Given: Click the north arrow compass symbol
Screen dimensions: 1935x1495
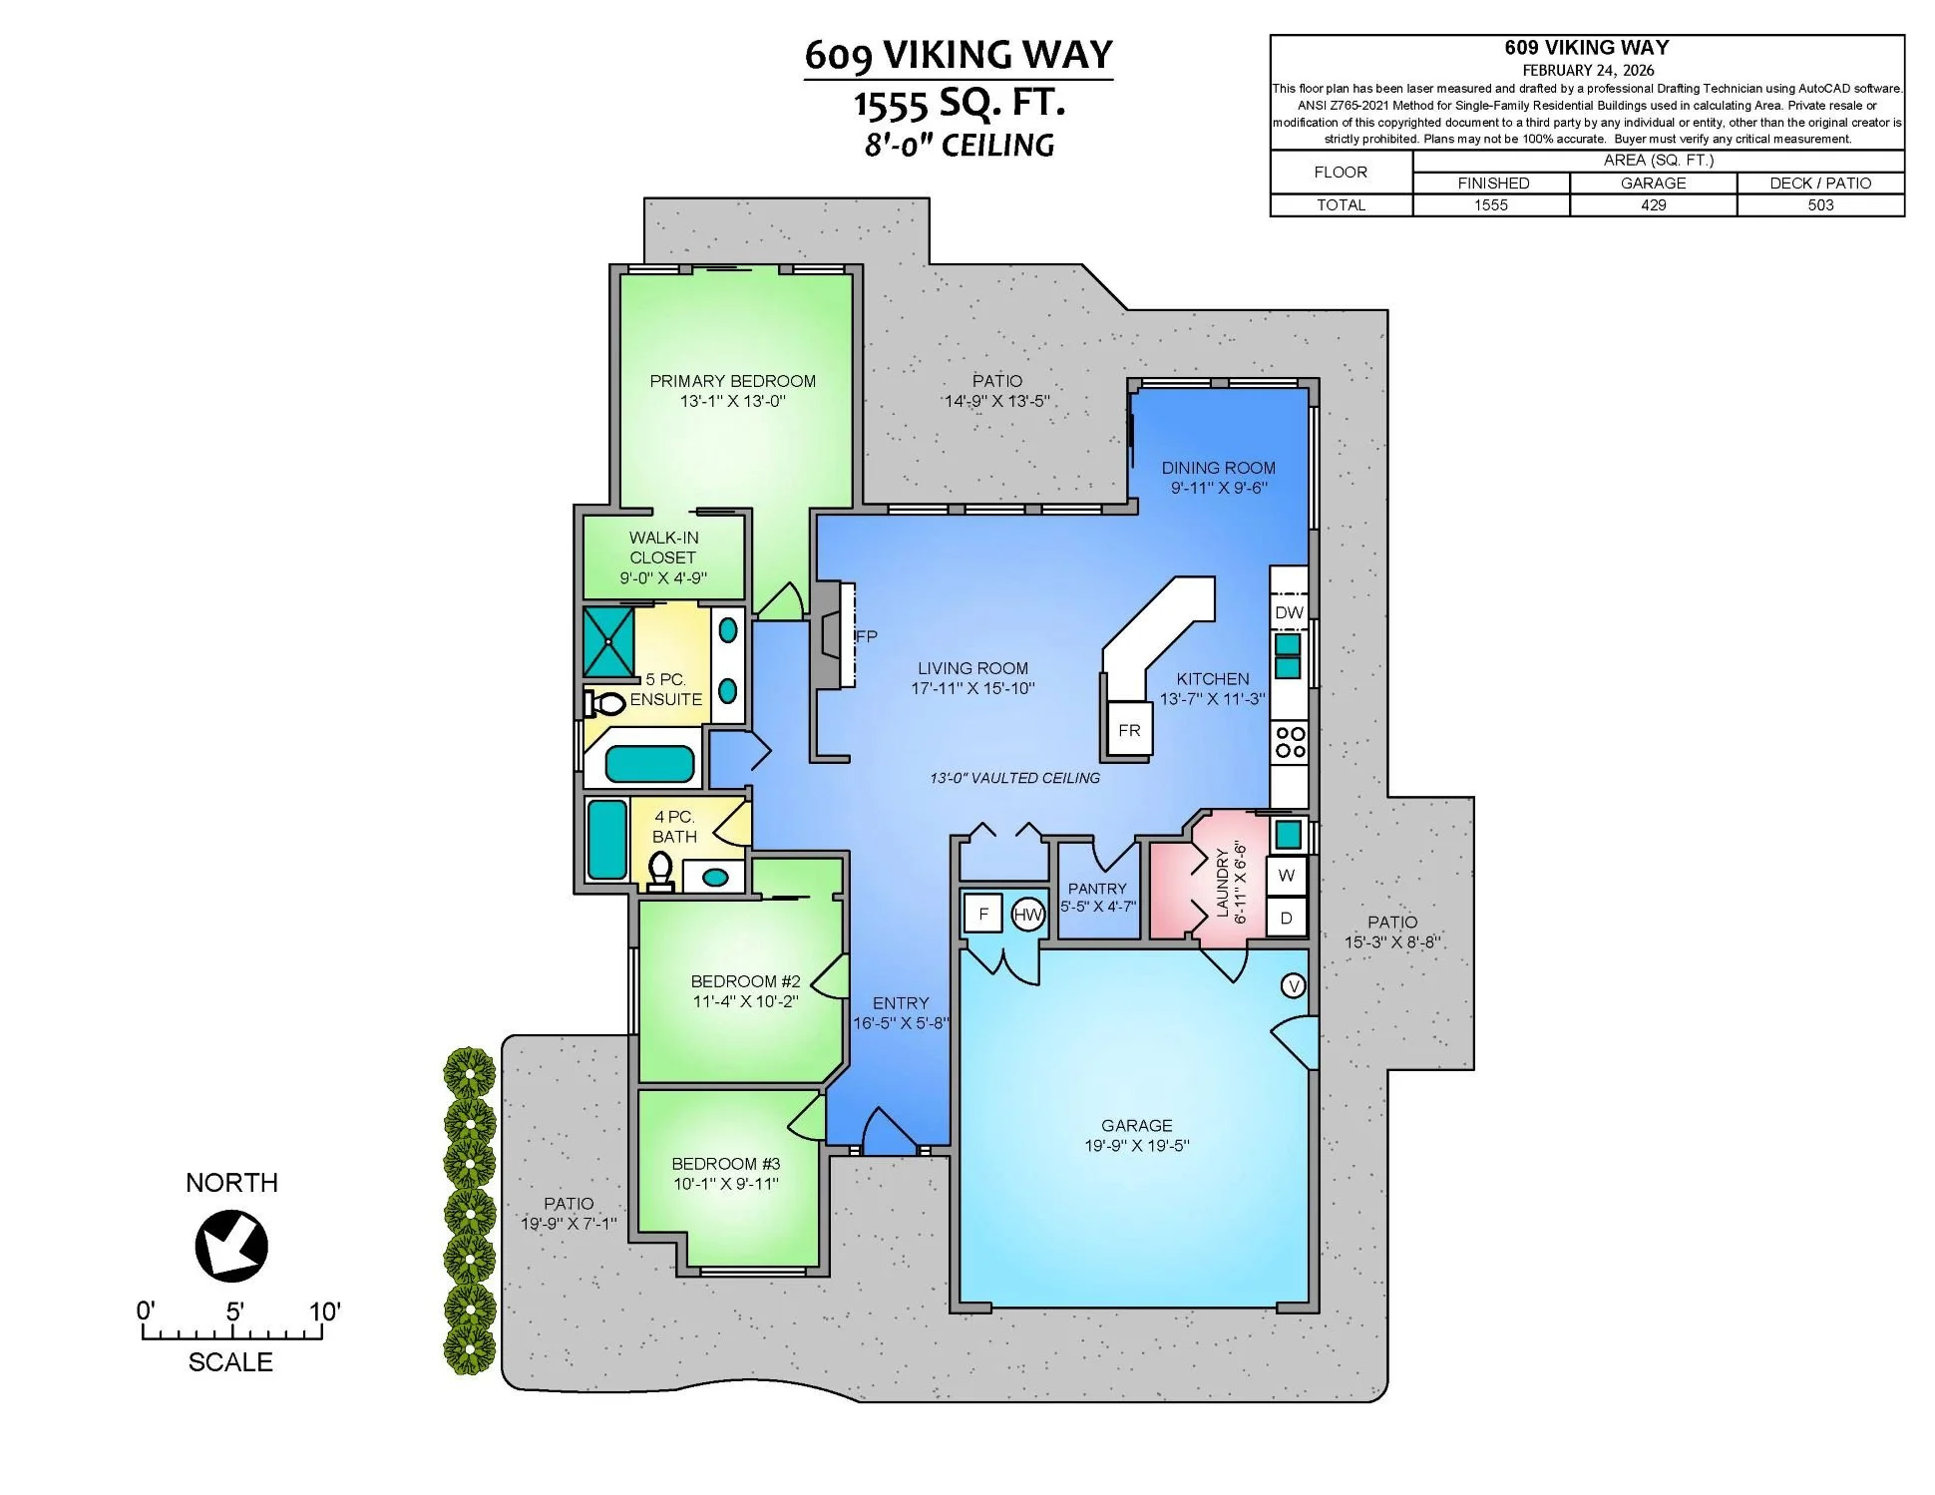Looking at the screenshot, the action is pos(231,1245).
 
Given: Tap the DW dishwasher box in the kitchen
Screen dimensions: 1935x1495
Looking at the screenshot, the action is pos(1289,612).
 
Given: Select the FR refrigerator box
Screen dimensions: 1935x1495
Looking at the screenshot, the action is pos(1129,730).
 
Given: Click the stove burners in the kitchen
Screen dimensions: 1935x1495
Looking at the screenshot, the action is pos(1290,742).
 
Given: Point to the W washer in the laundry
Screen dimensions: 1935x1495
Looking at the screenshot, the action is pos(1287,876).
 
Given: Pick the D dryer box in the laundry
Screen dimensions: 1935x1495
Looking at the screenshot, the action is pos(1287,918).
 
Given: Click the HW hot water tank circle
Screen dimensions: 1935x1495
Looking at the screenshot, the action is pos(1027,915).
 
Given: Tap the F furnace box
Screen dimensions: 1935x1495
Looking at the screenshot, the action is pos(984,914).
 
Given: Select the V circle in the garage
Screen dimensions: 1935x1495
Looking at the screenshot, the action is pos(1294,986).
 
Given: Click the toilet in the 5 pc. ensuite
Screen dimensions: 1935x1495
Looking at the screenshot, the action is pos(603,703).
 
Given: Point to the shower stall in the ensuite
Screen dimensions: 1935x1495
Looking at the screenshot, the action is pos(608,640).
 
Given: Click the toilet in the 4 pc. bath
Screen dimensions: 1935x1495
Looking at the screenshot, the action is pos(660,872).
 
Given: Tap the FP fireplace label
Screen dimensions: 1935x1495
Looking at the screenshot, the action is pos(866,636).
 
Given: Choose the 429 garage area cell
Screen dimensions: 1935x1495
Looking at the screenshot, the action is pos(1653,204).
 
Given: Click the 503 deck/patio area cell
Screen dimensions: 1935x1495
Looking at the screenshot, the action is pos(1820,204).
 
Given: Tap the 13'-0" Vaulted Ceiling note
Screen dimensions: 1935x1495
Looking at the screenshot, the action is pos(1015,778).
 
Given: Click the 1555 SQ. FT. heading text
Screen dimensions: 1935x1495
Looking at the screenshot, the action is pos(959,103).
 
